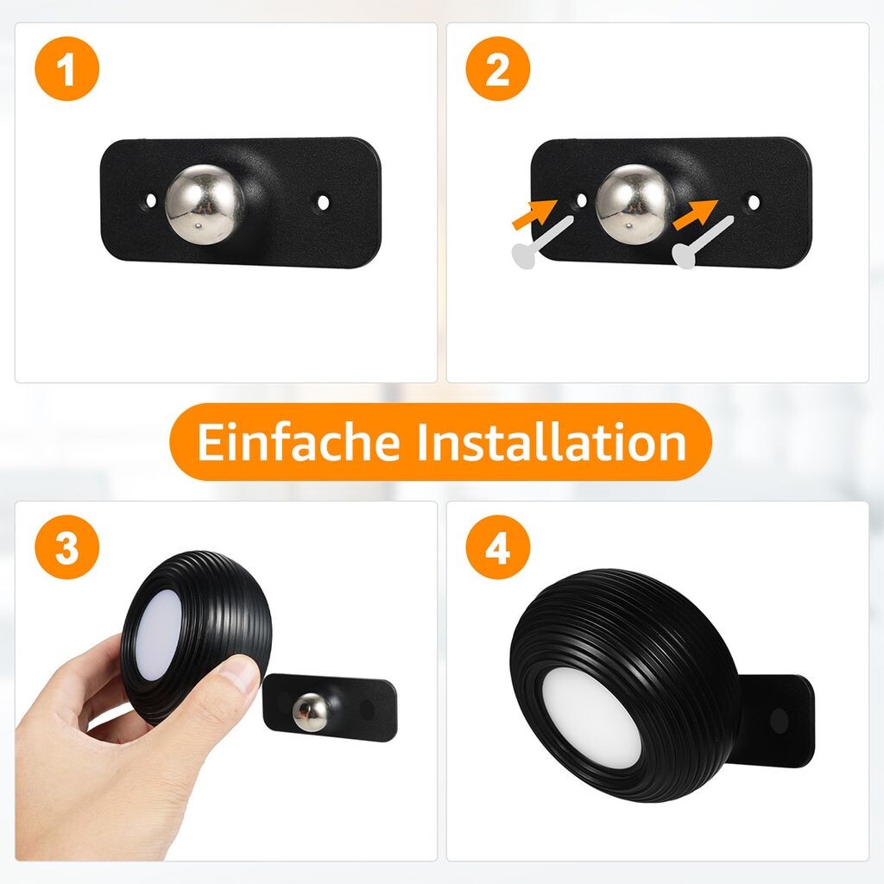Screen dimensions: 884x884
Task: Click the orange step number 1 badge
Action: click(x=67, y=69)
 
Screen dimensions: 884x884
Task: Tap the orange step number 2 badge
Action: click(x=498, y=69)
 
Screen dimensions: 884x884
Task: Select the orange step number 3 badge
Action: click(x=67, y=546)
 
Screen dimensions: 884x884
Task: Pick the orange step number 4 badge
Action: click(x=498, y=546)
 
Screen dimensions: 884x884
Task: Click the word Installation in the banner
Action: click(x=552, y=442)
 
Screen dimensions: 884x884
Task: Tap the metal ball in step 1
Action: click(x=205, y=205)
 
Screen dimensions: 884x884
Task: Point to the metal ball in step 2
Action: click(x=635, y=205)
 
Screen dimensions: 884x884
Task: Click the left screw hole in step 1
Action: click(x=150, y=200)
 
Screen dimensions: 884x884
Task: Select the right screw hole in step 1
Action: click(x=323, y=202)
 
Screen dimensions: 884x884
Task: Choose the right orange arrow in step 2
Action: click(x=695, y=214)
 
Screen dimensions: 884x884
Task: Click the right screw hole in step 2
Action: click(x=754, y=202)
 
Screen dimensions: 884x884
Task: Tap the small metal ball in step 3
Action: click(x=311, y=711)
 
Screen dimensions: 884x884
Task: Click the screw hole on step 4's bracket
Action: click(x=780, y=721)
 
